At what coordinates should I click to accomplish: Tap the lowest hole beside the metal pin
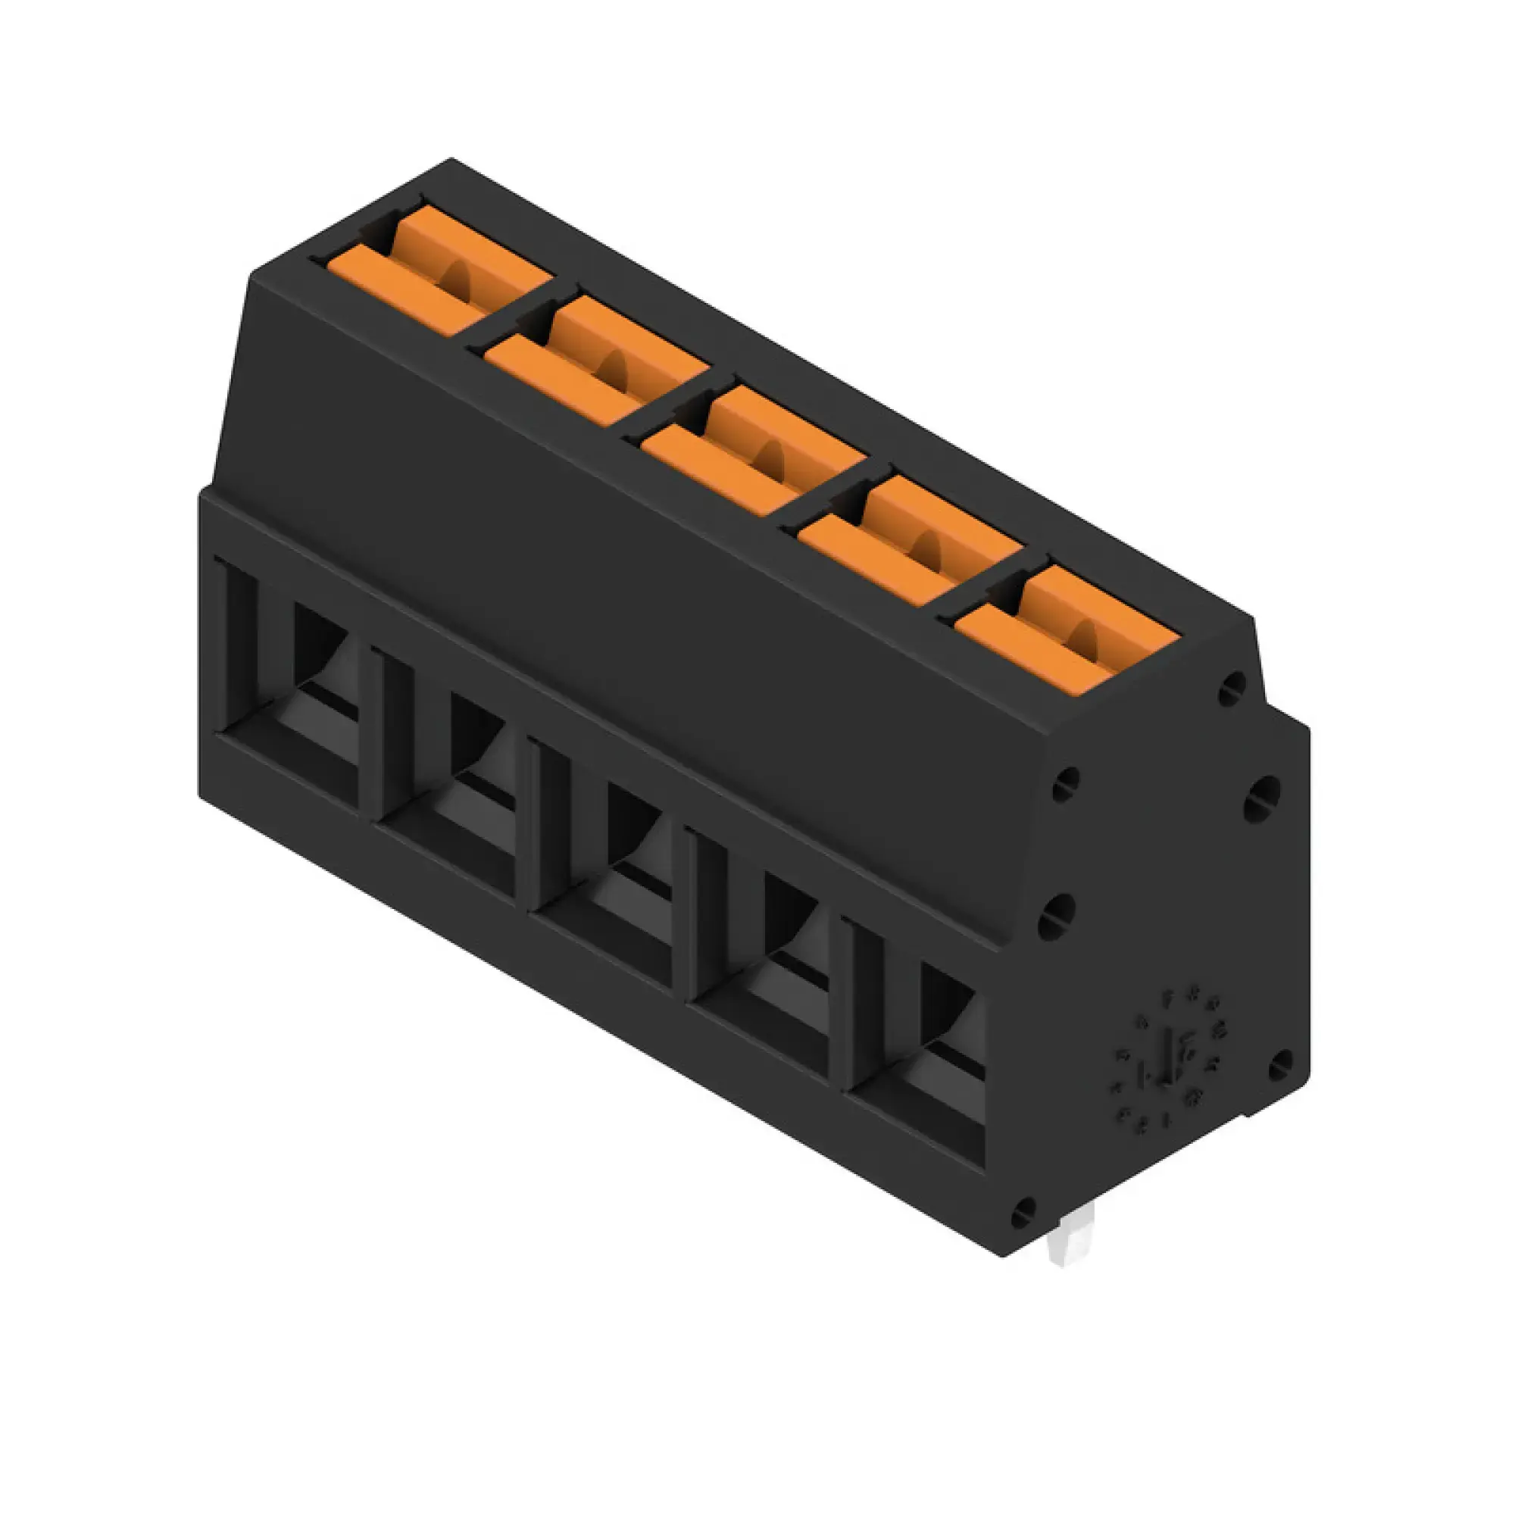point(1023,1213)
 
